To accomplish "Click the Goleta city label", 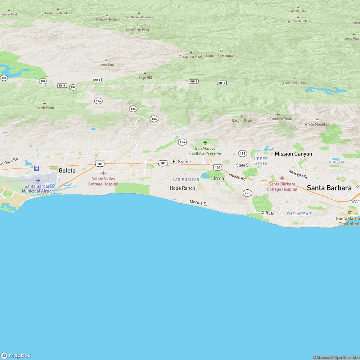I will point(67,171).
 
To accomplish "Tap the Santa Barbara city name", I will point(329,188).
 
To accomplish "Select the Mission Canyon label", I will point(293,154).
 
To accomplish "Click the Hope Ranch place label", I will point(182,188).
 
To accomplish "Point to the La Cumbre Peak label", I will point(278,119).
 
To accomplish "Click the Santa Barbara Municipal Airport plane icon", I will point(38,180).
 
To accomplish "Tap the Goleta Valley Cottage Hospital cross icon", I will point(103,173).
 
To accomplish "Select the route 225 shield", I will point(247,193).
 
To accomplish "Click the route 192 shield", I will point(243,153).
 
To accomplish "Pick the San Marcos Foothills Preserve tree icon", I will point(205,143).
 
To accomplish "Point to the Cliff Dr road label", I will point(267,213).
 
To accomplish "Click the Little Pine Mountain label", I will point(221,56).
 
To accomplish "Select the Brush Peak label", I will point(45,108).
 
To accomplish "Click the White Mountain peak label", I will point(317,124).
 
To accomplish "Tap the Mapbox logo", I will point(16,355).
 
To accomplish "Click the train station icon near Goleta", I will point(36,168).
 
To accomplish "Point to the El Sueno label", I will point(181,162).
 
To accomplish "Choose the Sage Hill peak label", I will point(145,77).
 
